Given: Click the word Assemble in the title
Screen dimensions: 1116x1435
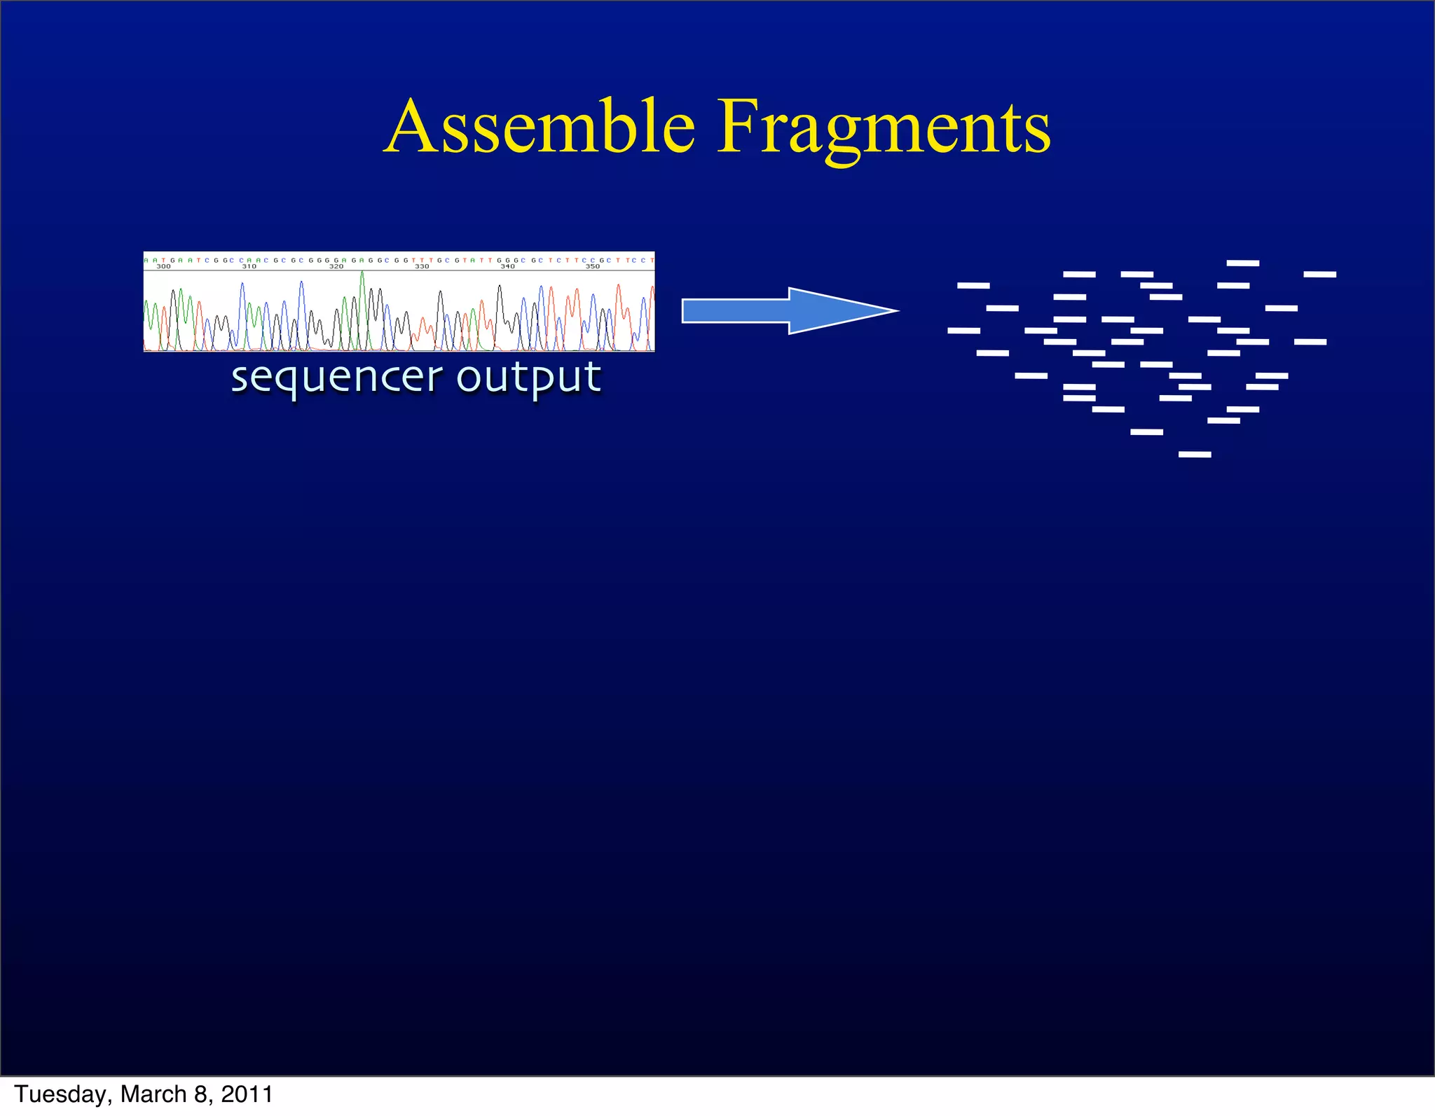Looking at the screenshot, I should (540, 128).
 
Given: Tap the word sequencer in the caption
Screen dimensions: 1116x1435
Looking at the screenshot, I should (336, 378).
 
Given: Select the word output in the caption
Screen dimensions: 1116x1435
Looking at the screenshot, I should (529, 378).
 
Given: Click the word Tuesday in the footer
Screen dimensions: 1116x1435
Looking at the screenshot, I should (63, 1094).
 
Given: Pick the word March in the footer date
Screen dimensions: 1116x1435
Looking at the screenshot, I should (153, 1094).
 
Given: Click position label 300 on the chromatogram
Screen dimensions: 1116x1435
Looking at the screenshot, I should (163, 267).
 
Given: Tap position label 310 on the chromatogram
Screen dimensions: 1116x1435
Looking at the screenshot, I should (249, 267).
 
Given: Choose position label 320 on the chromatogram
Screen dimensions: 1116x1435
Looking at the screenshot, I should (336, 267).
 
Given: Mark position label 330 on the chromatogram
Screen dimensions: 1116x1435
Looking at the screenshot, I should (422, 267).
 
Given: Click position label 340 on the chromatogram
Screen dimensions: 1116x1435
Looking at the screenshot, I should (507, 267).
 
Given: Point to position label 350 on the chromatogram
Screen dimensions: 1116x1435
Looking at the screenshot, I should (593, 267).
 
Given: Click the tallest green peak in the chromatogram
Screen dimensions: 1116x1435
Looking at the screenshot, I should (362, 277).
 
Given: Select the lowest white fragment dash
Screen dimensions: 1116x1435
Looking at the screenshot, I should (1195, 455).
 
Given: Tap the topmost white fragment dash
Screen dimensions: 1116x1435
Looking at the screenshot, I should (1243, 263).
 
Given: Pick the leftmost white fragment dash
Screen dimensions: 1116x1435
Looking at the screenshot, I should (963, 331).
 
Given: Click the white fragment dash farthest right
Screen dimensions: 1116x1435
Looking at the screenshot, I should (1320, 275).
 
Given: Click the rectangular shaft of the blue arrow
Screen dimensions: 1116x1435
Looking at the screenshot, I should (736, 310).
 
